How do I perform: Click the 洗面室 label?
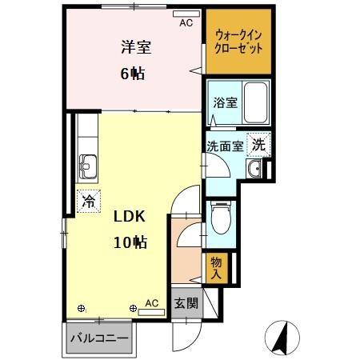223,146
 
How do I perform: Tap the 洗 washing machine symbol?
258,145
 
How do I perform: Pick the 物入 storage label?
217,267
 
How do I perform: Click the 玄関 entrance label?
186,304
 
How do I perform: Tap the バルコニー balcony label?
98,338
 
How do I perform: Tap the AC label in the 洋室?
186,23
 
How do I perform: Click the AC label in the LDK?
152,304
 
